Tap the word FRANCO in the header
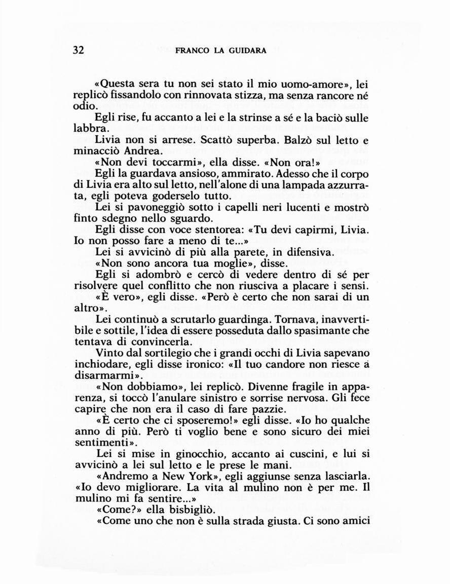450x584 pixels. click(x=190, y=51)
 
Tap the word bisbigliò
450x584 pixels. click(x=186, y=511)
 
